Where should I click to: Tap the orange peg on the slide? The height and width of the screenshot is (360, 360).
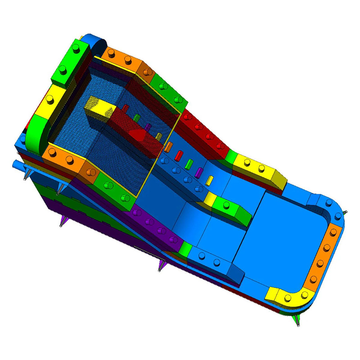(x=169, y=146)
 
